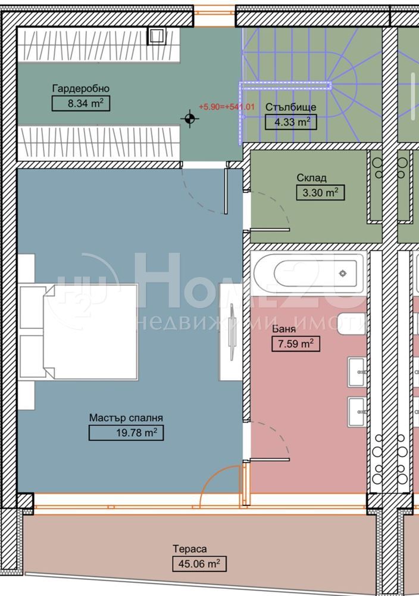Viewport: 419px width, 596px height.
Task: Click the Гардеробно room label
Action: [x=81, y=89]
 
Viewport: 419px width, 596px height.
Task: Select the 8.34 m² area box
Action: [x=81, y=103]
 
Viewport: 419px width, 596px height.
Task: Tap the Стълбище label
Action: [x=290, y=107]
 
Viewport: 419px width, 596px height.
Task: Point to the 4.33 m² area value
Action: [x=290, y=122]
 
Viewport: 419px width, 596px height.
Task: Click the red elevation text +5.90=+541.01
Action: [x=227, y=107]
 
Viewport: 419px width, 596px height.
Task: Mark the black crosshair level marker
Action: [x=190, y=119]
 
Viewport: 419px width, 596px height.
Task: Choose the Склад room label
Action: [x=312, y=178]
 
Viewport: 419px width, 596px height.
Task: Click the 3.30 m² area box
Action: [x=320, y=193]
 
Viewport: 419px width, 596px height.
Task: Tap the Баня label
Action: [x=284, y=329]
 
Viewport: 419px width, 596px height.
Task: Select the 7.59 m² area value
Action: [x=296, y=344]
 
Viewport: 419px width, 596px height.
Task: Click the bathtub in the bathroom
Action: [x=308, y=273]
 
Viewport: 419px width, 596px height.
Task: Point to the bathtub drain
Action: [x=343, y=274]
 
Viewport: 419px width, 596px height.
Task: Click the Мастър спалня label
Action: [x=126, y=418]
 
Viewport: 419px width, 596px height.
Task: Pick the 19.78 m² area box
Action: [x=126, y=433]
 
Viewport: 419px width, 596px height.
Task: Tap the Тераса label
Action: [x=190, y=549]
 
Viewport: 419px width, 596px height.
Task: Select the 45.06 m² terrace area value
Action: [x=199, y=564]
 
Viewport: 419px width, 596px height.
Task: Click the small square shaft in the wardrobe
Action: [x=155, y=36]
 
